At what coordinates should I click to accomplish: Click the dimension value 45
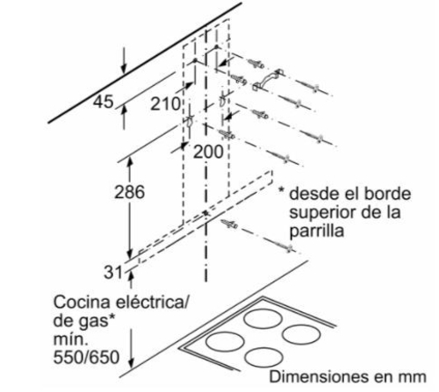pos(104,102)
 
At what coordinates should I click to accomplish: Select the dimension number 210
pos(165,103)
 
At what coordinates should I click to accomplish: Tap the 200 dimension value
pos(208,152)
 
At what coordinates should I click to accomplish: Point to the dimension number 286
pos(129,192)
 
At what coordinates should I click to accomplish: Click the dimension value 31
pos(113,273)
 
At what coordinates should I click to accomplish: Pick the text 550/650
pos(86,357)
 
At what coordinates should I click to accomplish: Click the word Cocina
pos(83,302)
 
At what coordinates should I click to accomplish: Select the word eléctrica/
pos(151,302)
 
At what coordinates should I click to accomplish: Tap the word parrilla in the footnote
pos(316,232)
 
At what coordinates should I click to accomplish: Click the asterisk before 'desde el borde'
pos(281,190)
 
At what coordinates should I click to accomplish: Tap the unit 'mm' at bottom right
pos(414,377)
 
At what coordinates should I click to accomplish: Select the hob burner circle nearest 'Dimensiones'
pos(264,358)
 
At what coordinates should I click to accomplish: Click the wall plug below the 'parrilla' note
pos(229,225)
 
